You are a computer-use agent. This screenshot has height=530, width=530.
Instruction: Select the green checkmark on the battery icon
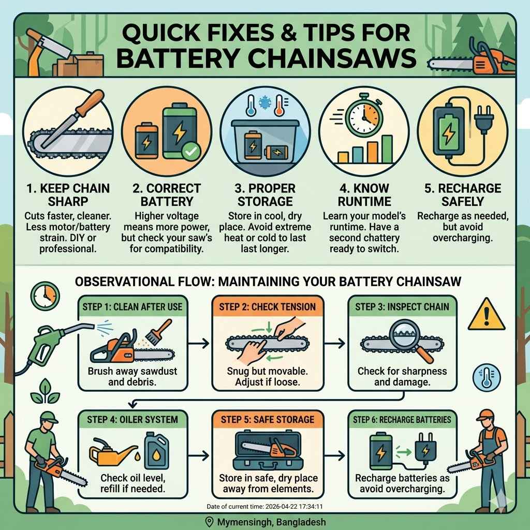(189, 151)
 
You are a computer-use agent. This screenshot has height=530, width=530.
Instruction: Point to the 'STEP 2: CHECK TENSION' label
(267, 307)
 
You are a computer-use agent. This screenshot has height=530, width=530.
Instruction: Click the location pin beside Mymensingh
(210, 522)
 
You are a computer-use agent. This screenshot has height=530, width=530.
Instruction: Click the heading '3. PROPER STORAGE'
(264, 194)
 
